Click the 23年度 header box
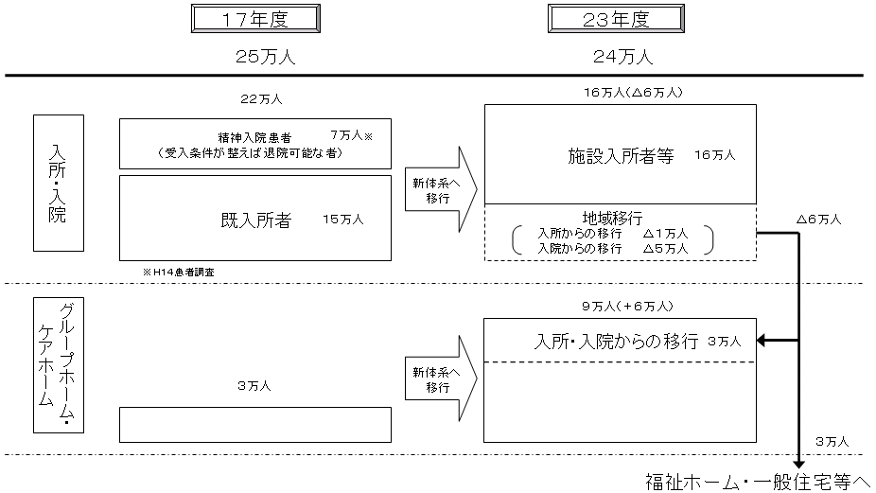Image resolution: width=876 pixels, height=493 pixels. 616,19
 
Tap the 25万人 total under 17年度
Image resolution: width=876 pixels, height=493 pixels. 266,57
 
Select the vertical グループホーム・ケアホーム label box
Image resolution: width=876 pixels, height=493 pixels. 58,364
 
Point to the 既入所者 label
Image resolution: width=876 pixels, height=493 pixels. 254,220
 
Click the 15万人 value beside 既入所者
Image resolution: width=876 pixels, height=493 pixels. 342,220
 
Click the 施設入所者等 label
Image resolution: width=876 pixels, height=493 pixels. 621,156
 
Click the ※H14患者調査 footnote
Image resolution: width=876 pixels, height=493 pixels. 184,272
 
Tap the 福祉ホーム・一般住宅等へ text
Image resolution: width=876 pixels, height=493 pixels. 756,480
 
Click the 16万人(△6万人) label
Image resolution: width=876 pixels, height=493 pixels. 627,92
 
